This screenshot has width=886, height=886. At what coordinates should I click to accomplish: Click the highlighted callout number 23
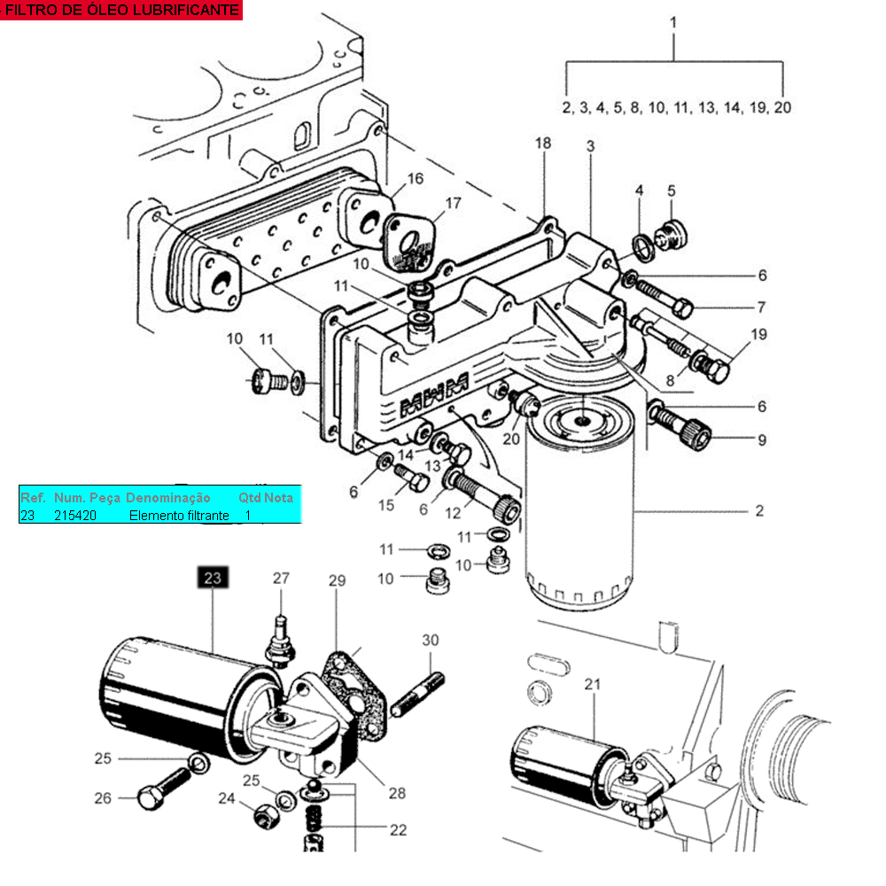tap(213, 578)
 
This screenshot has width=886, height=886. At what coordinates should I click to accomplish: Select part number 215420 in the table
tap(75, 516)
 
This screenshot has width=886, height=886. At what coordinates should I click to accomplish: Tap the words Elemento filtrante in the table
tap(179, 516)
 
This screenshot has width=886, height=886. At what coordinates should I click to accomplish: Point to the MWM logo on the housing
tap(434, 394)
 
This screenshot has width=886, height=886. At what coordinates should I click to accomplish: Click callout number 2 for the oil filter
tap(759, 511)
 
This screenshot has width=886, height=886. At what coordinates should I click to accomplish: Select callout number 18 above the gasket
tap(543, 143)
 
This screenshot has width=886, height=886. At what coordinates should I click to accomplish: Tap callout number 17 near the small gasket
tap(453, 203)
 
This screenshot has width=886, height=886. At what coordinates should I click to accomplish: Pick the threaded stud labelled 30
tap(417, 695)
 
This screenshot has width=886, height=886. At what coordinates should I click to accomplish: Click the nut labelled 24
tap(266, 816)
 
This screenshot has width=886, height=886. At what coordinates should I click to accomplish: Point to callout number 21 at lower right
tap(592, 684)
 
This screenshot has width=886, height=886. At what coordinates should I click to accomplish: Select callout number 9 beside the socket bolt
tap(762, 440)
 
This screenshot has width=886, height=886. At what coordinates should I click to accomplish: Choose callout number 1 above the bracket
tap(673, 23)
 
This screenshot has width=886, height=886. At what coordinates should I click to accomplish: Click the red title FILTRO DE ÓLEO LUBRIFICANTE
tap(120, 10)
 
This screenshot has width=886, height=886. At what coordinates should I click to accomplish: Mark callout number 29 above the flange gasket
tap(337, 580)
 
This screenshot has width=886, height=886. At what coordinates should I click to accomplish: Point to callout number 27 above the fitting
tap(281, 578)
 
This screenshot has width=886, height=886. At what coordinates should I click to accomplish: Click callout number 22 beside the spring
tap(398, 829)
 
